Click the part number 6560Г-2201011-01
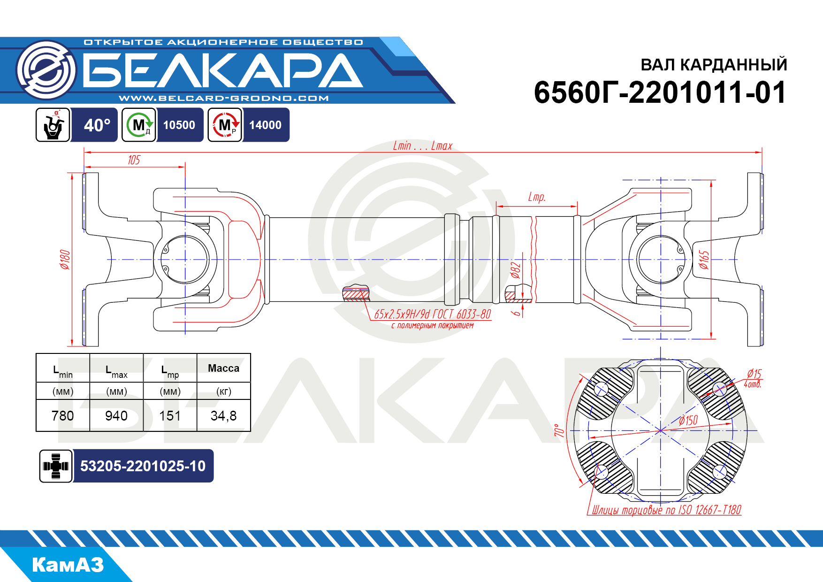(660, 92)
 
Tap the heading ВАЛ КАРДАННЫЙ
(714, 64)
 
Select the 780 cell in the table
(63, 416)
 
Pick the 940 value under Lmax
(116, 416)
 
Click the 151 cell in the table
(170, 416)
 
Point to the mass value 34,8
(223, 416)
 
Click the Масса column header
(223, 368)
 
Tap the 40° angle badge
(97, 125)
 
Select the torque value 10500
(179, 125)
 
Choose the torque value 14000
(265, 125)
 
